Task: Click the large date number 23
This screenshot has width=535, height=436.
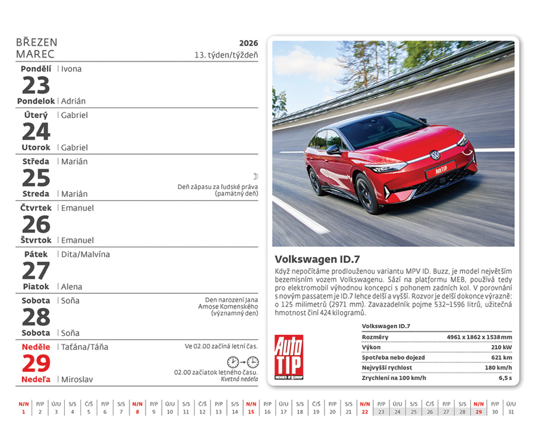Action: [36, 86]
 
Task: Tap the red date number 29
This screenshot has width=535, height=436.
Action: [36, 363]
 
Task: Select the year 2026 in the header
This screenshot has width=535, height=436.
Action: [248, 43]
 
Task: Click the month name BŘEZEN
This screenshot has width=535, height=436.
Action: [37, 43]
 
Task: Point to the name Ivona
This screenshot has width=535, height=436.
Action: [71, 69]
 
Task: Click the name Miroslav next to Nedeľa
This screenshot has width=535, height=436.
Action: [77, 379]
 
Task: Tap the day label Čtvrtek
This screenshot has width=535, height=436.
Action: [37, 208]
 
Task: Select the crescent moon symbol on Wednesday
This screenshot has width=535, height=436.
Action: [255, 177]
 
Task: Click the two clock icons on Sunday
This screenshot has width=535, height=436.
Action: [243, 362]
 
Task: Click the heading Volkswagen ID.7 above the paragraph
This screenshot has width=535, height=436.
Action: [317, 259]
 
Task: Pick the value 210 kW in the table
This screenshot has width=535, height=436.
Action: [501, 347]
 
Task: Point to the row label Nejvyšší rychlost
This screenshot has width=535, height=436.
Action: [387, 368]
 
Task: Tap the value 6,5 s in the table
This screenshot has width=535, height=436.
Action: [505, 378]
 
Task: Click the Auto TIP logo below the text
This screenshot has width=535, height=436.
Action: [289, 357]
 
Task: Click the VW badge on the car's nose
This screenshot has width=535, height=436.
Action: [435, 155]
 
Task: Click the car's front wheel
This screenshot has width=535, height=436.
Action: [369, 193]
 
